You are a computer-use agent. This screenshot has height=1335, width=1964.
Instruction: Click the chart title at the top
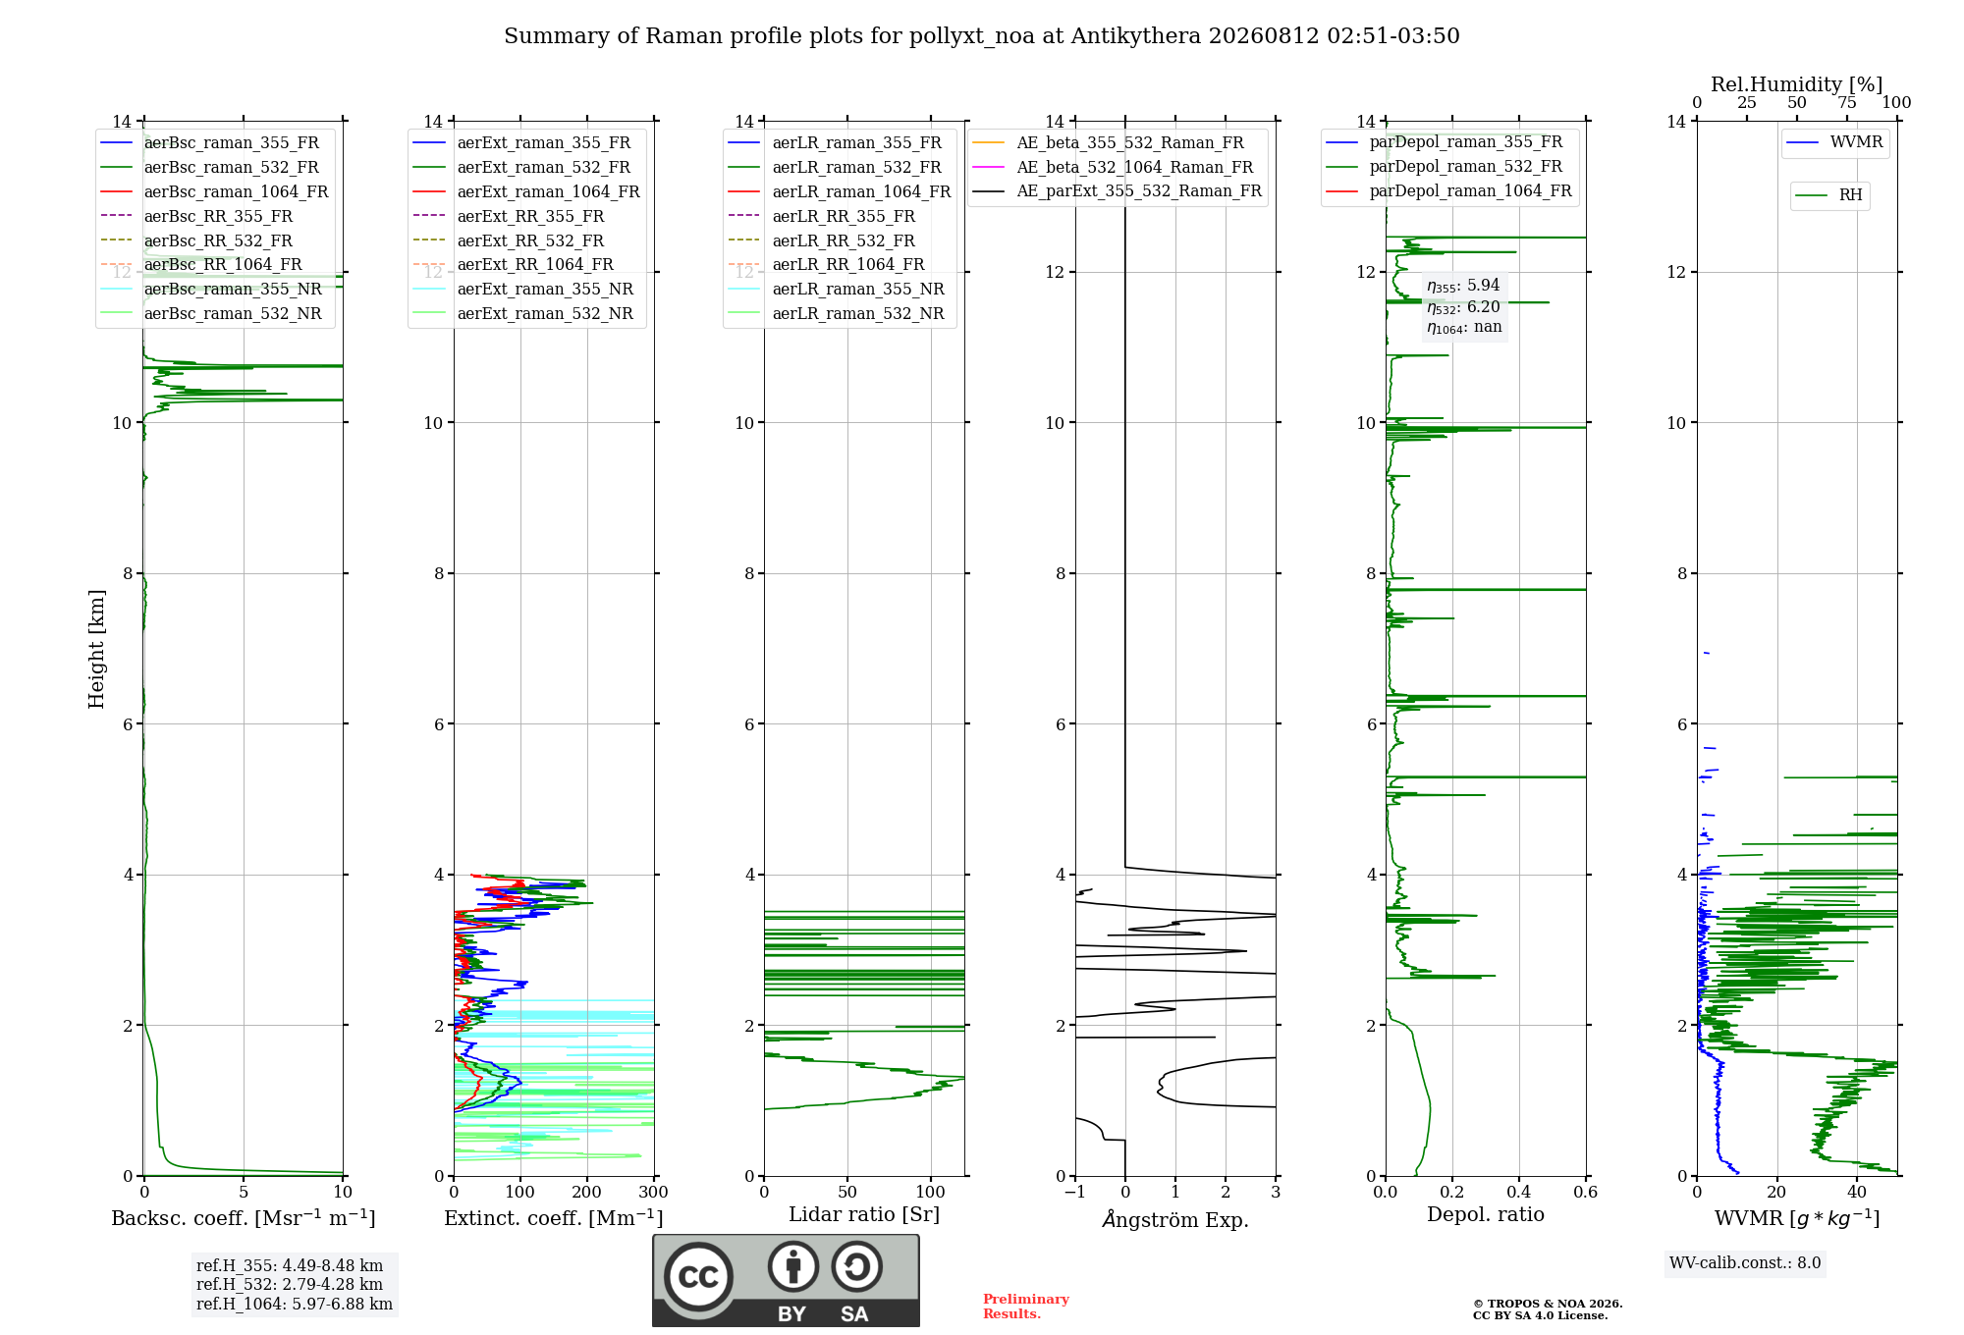click(x=981, y=36)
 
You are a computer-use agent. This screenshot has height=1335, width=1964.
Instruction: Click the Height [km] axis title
click(x=96, y=649)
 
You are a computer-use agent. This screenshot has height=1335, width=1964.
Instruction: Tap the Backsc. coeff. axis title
click(x=244, y=1218)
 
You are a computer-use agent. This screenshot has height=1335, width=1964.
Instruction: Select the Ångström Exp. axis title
click(x=1175, y=1219)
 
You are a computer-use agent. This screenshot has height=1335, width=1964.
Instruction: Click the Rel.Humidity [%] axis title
click(x=1797, y=84)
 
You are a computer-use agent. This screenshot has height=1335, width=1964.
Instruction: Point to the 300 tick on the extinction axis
click(x=653, y=1193)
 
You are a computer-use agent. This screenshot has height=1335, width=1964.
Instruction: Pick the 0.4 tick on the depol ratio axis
click(x=1518, y=1193)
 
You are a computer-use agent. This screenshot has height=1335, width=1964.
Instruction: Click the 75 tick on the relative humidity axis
click(x=1847, y=103)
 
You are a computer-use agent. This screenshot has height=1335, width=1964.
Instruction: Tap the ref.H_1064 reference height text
click(x=295, y=1305)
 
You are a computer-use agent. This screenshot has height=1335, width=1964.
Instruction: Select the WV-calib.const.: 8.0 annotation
click(x=1745, y=1263)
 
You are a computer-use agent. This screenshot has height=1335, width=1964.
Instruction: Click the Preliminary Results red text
click(x=1026, y=1307)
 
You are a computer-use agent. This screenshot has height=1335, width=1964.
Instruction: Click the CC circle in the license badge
click(x=698, y=1277)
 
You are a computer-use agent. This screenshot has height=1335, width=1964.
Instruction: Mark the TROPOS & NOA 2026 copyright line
click(x=1548, y=1305)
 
